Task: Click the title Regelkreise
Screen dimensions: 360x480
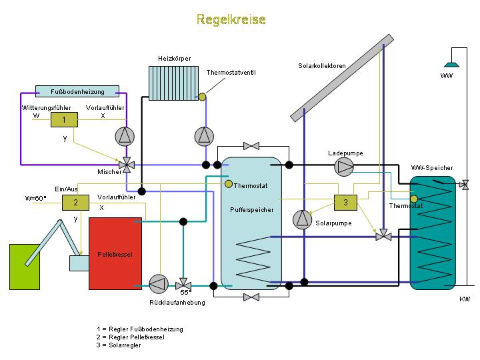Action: pyautogui.click(x=231, y=19)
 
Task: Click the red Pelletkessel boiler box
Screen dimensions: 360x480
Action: pyautogui.click(x=116, y=253)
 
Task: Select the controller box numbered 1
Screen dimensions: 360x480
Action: pyautogui.click(x=64, y=119)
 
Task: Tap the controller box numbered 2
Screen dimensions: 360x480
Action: pyautogui.click(x=75, y=202)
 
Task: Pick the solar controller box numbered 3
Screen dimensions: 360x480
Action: pyautogui.click(x=345, y=201)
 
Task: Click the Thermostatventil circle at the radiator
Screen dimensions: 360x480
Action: pyautogui.click(x=203, y=97)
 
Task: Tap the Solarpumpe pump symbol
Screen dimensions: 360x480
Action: pyautogui.click(x=302, y=218)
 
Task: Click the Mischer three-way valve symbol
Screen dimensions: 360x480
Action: pyautogui.click(x=125, y=164)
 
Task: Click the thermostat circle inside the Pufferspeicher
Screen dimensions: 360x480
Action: pyautogui.click(x=228, y=184)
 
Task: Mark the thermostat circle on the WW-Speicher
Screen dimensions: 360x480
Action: pyautogui.click(x=414, y=198)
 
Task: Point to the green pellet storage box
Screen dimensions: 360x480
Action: pyautogui.click(x=28, y=267)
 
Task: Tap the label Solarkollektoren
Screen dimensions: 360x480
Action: pyautogui.click(x=322, y=65)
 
